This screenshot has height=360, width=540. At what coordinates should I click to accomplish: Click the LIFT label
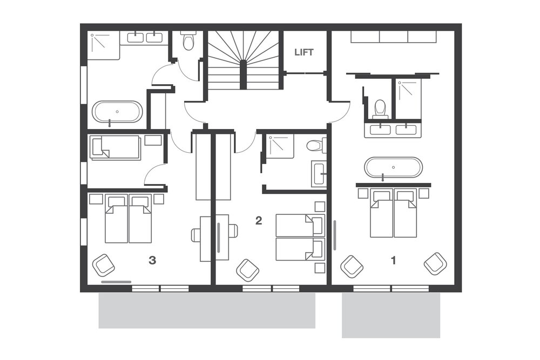pyautogui.click(x=303, y=52)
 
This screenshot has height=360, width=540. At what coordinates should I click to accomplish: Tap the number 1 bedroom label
pyautogui.click(x=393, y=261)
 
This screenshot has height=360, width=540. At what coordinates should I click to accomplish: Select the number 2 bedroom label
pyautogui.click(x=258, y=221)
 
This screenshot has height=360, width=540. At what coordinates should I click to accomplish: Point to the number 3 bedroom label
pyautogui.click(x=152, y=261)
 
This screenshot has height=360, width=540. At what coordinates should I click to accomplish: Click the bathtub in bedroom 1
pyautogui.click(x=394, y=168)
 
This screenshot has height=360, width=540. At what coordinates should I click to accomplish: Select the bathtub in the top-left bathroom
pyautogui.click(x=117, y=112)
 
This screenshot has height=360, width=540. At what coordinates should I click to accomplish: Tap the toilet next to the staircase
pyautogui.click(x=188, y=40)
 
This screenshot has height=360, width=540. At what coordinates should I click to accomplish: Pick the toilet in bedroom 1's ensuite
pyautogui.click(x=380, y=108)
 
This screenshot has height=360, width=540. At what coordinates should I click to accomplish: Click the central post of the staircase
pyautogui.click(x=243, y=74)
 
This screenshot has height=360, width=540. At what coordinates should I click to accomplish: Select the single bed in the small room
pyautogui.click(x=114, y=147)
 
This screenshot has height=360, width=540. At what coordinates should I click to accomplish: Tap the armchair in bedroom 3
pyautogui.click(x=103, y=266)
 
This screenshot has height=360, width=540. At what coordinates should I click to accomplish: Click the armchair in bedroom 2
pyautogui.click(x=248, y=270)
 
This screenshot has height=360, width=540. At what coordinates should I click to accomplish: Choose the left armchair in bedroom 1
pyautogui.click(x=352, y=267)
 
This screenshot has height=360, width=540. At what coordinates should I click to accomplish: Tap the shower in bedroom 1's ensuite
pyautogui.click(x=408, y=99)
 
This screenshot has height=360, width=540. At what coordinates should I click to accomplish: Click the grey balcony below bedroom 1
pyautogui.click(x=391, y=315)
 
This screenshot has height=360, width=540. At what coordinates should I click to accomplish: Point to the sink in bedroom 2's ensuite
pyautogui.click(x=319, y=174)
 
